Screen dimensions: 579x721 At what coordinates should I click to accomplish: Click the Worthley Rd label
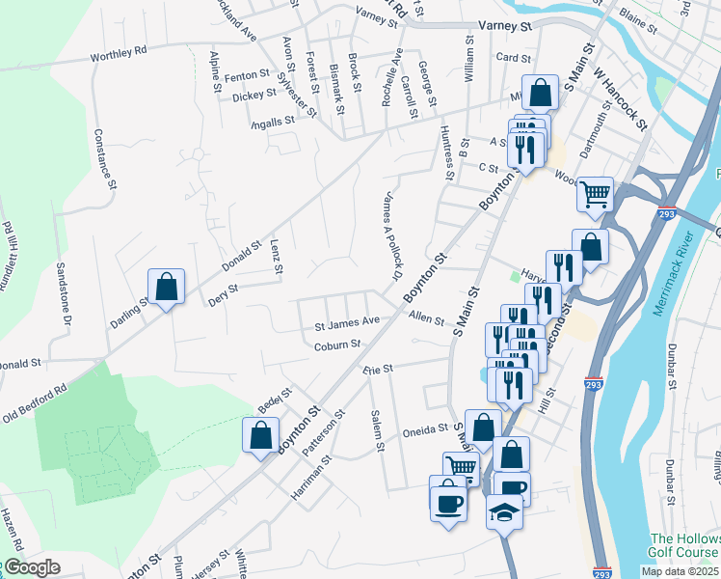point(119,52)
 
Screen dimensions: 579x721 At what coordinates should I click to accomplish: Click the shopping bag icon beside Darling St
point(167,287)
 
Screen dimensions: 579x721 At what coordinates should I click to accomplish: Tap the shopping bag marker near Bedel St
point(260,435)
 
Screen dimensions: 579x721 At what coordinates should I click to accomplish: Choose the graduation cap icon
point(504,510)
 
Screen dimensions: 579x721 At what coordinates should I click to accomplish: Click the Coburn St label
point(336,345)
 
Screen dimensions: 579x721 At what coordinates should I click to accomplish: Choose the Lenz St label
point(276,256)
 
